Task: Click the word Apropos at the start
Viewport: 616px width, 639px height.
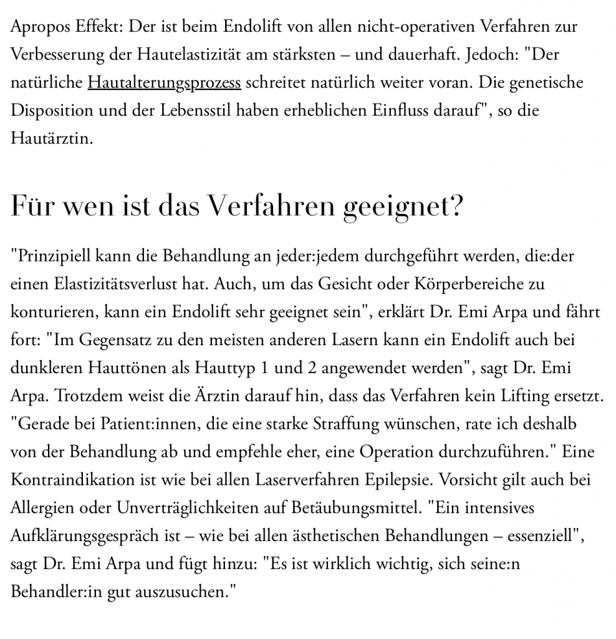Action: click(39, 27)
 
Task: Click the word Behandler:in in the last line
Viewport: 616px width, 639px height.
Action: click(47, 591)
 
